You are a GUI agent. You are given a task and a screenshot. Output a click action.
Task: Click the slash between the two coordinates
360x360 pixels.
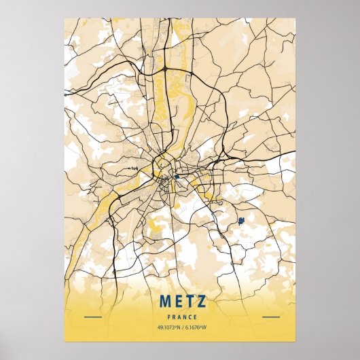tap(182, 328)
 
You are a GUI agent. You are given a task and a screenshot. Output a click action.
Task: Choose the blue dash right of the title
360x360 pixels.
tap(270, 317)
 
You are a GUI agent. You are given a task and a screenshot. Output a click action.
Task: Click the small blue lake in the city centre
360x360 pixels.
tap(176, 177)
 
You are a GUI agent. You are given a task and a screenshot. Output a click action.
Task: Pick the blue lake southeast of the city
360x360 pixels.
tap(240, 220)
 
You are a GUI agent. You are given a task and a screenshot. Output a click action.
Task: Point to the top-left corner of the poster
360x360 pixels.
tap(65, 18)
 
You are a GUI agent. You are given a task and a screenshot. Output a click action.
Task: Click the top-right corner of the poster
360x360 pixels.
tap(296, 18)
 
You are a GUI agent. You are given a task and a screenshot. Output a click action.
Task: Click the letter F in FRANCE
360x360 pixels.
tap(167, 317)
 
